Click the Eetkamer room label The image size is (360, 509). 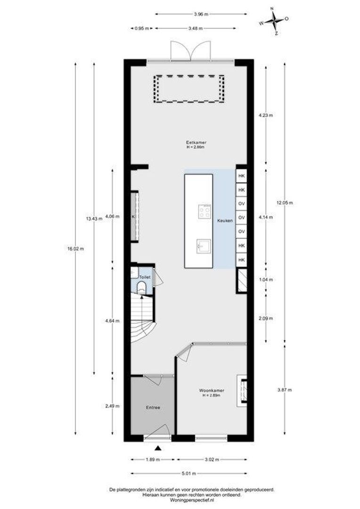coord(196,142)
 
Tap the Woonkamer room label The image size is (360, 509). coord(212,391)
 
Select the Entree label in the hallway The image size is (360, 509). coord(153,407)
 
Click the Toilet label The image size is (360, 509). coord(145,277)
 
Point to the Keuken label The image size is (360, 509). coord(225,221)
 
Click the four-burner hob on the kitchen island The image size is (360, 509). coord(205,211)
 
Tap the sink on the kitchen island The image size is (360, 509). coord(204,246)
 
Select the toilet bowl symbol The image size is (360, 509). coord(141,287)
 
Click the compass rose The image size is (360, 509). coord(275,21)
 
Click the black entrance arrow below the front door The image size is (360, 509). coord(158,448)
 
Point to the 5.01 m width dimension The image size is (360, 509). coord(189,473)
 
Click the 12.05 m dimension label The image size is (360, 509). coord(285,203)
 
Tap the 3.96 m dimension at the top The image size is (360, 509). coord(201,14)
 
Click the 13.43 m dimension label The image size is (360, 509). coord(94,219)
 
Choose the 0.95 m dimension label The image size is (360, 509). coord(141,28)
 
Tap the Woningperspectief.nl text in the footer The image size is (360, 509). coord(192,501)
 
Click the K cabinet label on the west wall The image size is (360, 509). coord(133,216)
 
